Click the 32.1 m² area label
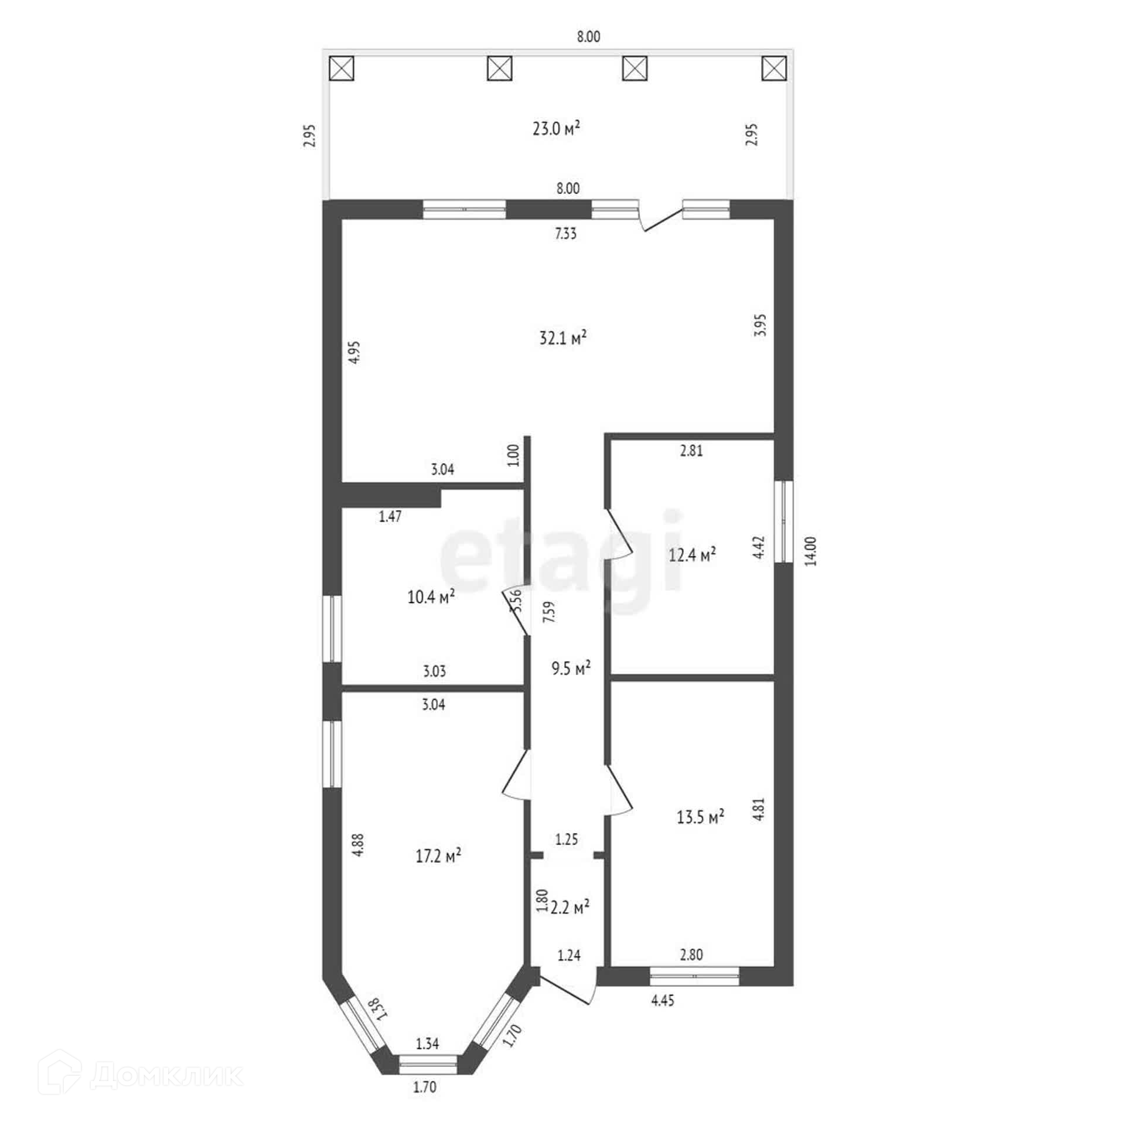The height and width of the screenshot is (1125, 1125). point(562,338)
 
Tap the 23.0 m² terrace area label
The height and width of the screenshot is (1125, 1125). point(556,128)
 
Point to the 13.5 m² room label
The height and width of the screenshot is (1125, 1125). point(700,817)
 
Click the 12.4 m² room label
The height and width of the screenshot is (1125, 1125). point(692,554)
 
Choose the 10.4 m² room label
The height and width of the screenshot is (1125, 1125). point(431,597)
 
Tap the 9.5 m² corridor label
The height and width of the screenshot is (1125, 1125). point(571,668)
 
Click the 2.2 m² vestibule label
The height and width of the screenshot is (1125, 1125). point(570,907)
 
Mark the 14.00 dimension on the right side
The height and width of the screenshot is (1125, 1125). point(810,551)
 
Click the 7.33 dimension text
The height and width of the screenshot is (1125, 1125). point(565,234)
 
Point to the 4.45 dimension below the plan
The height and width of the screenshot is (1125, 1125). point(663,1000)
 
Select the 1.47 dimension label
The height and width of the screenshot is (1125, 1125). point(390,516)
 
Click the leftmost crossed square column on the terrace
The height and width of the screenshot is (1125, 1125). point(342,69)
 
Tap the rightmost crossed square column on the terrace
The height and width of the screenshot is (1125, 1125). point(773,69)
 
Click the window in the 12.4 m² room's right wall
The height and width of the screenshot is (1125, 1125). point(783,521)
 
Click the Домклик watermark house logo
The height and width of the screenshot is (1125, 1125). point(59,1071)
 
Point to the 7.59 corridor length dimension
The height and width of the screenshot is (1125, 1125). point(549,612)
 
